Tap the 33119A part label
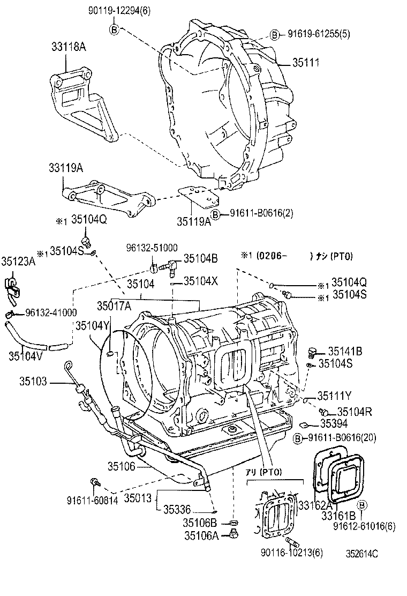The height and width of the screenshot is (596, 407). (x=63, y=168)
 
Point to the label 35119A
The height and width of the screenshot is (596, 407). (x=194, y=220)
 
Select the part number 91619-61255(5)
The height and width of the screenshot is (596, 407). (x=315, y=35)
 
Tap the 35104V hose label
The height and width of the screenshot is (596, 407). (x=25, y=354)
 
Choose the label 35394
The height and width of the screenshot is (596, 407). (x=335, y=423)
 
